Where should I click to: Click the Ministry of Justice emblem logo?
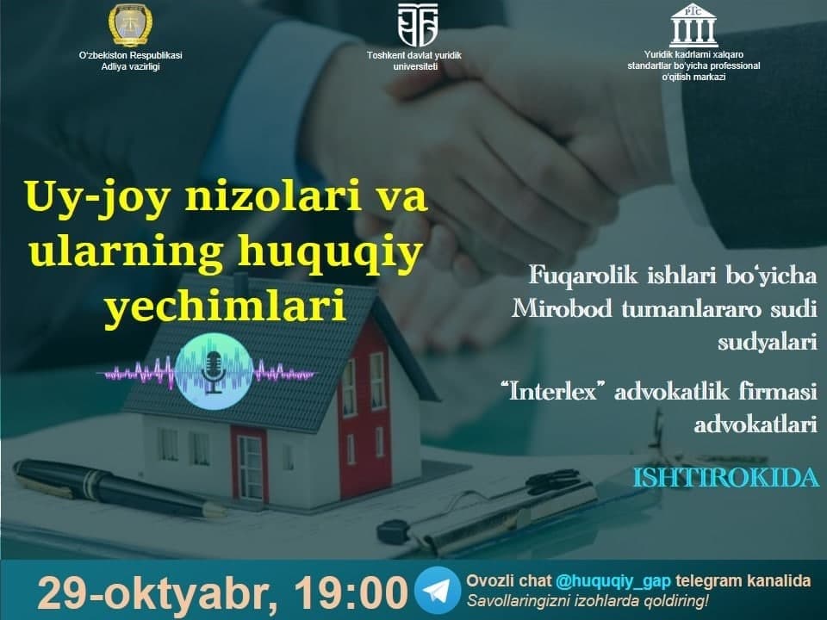(130, 25)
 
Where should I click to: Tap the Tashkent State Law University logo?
(417, 25)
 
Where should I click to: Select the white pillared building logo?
(693, 25)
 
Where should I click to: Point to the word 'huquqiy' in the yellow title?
(330, 252)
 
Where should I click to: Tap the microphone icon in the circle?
(214, 372)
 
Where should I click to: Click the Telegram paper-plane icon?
(438, 590)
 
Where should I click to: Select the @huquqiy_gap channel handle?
(612, 580)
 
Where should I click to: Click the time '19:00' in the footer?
(351, 592)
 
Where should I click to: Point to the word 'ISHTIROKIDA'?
(725, 478)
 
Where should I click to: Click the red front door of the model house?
(249, 462)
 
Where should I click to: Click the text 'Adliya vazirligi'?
(130, 66)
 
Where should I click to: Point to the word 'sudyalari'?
(768, 342)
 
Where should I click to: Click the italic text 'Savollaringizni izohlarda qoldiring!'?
(588, 600)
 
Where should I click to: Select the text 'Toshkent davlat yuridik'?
(414, 55)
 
